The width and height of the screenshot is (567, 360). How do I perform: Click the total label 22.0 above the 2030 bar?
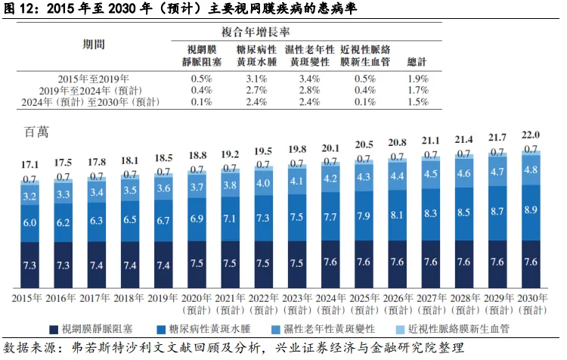point(531,134)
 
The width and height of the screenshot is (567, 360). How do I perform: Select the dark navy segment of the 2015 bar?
point(30,265)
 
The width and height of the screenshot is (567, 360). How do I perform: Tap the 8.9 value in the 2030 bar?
point(531,209)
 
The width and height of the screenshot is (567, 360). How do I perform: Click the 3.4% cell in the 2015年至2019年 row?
point(309,79)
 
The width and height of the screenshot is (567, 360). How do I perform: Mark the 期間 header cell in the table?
point(94,44)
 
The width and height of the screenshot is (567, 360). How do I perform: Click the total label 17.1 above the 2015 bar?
point(30,164)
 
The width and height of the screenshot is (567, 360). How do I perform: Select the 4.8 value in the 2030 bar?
point(531,169)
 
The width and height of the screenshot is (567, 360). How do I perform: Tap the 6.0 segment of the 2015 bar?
point(30,222)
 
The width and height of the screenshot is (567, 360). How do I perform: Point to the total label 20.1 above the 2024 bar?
point(330,147)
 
